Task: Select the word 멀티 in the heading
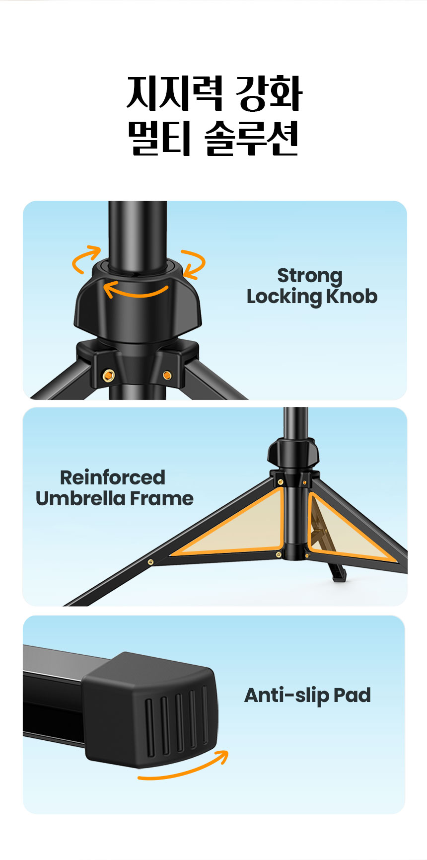tap(159, 138)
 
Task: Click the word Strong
tap(310, 276)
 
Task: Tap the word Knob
tap(352, 297)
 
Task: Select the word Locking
tap(285, 297)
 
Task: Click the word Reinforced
tap(113, 477)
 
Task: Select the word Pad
tap(352, 695)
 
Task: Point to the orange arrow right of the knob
tap(195, 263)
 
